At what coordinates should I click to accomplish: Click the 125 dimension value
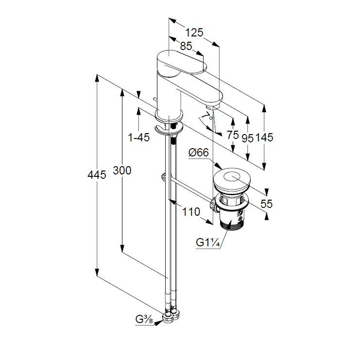pyautogui.click(x=194, y=33)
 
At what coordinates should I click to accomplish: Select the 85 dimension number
pyautogui.click(x=186, y=47)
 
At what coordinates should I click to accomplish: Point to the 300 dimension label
pyautogui.click(x=122, y=171)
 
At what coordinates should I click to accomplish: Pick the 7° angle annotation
pyautogui.click(x=207, y=116)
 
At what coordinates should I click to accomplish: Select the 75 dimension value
pyautogui.click(x=233, y=136)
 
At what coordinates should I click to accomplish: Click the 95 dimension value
pyautogui.click(x=248, y=137)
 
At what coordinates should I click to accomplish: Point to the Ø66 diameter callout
pyautogui.click(x=198, y=153)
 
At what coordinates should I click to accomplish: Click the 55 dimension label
pyautogui.click(x=267, y=204)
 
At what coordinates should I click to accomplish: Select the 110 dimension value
pyautogui.click(x=191, y=212)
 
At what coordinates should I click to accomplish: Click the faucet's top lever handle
pyautogui.click(x=180, y=63)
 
